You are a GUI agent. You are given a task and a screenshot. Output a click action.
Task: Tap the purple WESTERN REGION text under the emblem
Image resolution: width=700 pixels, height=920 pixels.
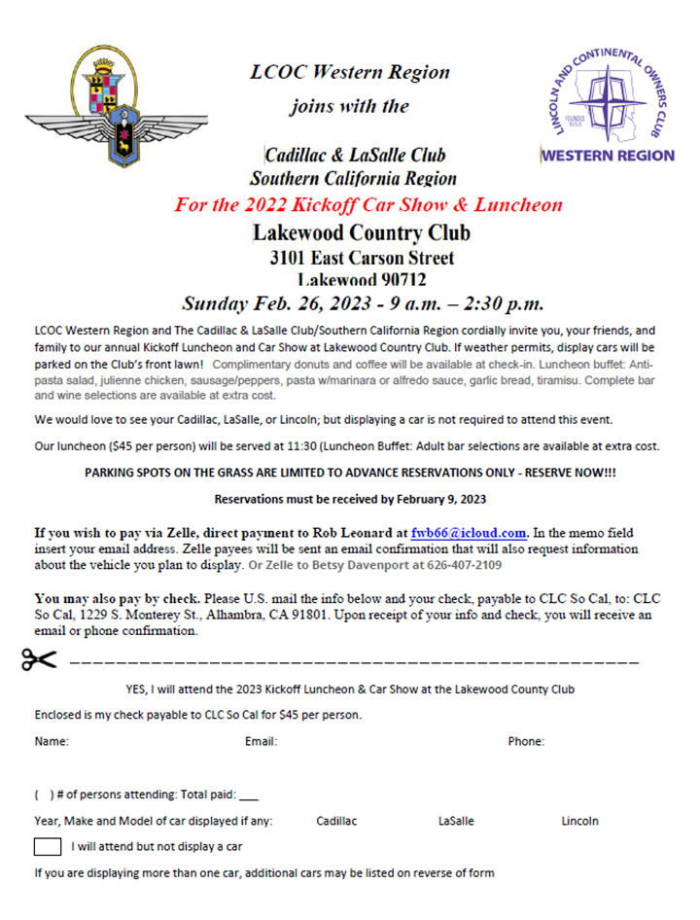pos(607,156)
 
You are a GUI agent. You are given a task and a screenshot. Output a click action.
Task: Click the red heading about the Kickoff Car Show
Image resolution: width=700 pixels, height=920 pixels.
pos(368,205)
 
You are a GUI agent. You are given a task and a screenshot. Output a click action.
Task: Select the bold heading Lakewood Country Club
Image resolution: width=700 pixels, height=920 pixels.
pos(361,233)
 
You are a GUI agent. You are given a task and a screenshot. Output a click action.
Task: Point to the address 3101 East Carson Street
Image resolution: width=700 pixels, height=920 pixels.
pos(362,259)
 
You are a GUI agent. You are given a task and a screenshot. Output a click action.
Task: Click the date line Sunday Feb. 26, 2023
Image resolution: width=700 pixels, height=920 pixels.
pos(363,302)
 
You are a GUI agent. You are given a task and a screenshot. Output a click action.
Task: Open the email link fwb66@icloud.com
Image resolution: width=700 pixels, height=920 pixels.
pos(469,533)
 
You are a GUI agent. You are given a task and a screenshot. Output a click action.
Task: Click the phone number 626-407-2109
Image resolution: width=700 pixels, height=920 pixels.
pos(462,566)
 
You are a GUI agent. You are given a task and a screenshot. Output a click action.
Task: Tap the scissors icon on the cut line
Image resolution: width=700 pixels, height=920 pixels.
pos(39,660)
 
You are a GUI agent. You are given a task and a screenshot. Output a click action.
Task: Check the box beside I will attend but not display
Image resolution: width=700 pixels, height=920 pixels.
pos(48,846)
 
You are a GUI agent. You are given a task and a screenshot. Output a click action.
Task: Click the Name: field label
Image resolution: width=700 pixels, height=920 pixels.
pos(52,742)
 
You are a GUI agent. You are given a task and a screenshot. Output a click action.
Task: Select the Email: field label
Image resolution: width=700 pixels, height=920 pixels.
pos(262,742)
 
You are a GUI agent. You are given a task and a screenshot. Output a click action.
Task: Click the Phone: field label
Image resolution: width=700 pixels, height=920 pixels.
pos(526,742)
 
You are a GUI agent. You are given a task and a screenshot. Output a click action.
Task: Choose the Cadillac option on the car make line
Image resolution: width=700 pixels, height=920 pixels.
pos(336,822)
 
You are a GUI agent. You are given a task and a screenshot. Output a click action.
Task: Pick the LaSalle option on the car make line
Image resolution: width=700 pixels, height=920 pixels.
pos(456,822)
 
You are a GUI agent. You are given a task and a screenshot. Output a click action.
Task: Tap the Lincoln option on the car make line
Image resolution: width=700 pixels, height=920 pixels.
pos(579,822)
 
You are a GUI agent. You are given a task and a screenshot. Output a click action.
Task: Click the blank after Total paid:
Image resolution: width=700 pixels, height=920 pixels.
pos(248,796)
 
